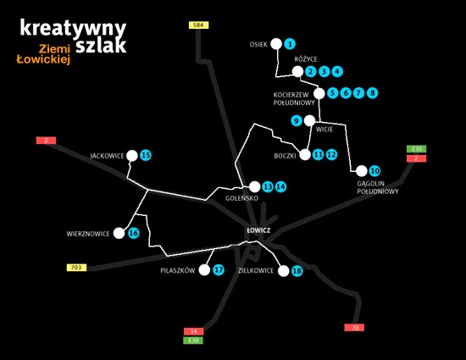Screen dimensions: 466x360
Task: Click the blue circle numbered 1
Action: click(x=290, y=44)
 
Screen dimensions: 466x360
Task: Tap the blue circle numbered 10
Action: click(x=374, y=171)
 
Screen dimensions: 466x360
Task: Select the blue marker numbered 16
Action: click(x=134, y=233)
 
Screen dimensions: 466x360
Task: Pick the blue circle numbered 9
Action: click(x=297, y=121)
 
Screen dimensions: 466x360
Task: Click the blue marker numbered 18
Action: click(x=297, y=271)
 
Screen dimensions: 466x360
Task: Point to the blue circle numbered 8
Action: click(x=372, y=93)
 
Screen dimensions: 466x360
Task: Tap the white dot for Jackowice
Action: click(x=132, y=156)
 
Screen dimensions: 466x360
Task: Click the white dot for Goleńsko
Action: click(x=255, y=187)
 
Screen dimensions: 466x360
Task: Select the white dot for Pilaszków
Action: click(x=204, y=270)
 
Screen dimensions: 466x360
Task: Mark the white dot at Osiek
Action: click(x=276, y=44)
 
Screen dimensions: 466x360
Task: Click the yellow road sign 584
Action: click(x=199, y=25)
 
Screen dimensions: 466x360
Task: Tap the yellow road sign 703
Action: click(x=76, y=268)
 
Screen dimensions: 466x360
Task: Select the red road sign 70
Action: click(x=354, y=328)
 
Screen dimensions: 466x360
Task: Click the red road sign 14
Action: click(x=193, y=331)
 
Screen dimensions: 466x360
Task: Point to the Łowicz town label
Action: click(x=258, y=230)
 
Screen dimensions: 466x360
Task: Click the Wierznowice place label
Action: click(x=88, y=234)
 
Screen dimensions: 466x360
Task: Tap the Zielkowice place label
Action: click(x=256, y=270)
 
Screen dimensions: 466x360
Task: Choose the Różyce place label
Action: click(x=306, y=59)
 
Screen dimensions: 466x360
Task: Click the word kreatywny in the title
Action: click(x=73, y=29)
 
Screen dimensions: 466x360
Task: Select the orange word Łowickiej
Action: click(x=43, y=59)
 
